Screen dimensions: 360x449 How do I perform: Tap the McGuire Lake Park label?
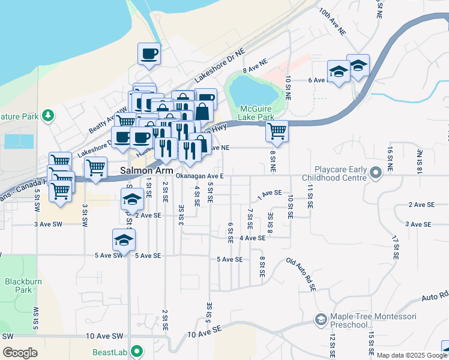pyautogui.click(x=257, y=113)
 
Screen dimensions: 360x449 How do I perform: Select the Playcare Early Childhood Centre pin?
pyautogui.click(x=376, y=173)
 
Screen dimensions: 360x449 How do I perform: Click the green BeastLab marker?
pyautogui.click(x=137, y=352)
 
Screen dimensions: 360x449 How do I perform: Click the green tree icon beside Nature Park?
pyautogui.click(x=49, y=115)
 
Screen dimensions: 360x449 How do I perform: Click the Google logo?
pyautogui.click(x=20, y=353)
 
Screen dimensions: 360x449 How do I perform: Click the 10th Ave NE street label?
pyautogui.click(x=334, y=20)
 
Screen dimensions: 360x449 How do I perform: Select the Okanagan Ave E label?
pyautogui.click(x=199, y=176)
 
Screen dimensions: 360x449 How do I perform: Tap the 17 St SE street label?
pyautogui.click(x=396, y=247)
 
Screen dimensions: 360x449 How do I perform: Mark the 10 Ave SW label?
pyautogui.click(x=104, y=337)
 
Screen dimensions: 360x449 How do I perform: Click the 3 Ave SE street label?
pyautogui.click(x=419, y=224)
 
